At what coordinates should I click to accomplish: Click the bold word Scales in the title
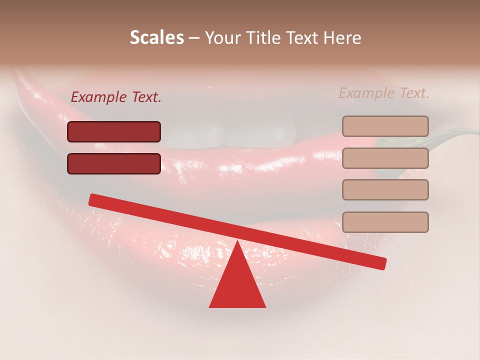pos(156,38)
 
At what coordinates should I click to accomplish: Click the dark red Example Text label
pos(116,97)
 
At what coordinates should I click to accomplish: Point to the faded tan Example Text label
pos(384,93)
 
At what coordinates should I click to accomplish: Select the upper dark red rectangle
pos(114,131)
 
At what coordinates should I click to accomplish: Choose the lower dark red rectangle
pos(114,163)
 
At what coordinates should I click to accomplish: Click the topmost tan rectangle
pos(385,126)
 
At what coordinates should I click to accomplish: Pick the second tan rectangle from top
pos(385,158)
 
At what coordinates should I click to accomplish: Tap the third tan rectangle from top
pos(385,189)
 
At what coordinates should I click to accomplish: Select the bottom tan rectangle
pos(385,222)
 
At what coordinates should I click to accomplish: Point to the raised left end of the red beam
pos(95,200)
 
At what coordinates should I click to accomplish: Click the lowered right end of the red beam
pos(380,263)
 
